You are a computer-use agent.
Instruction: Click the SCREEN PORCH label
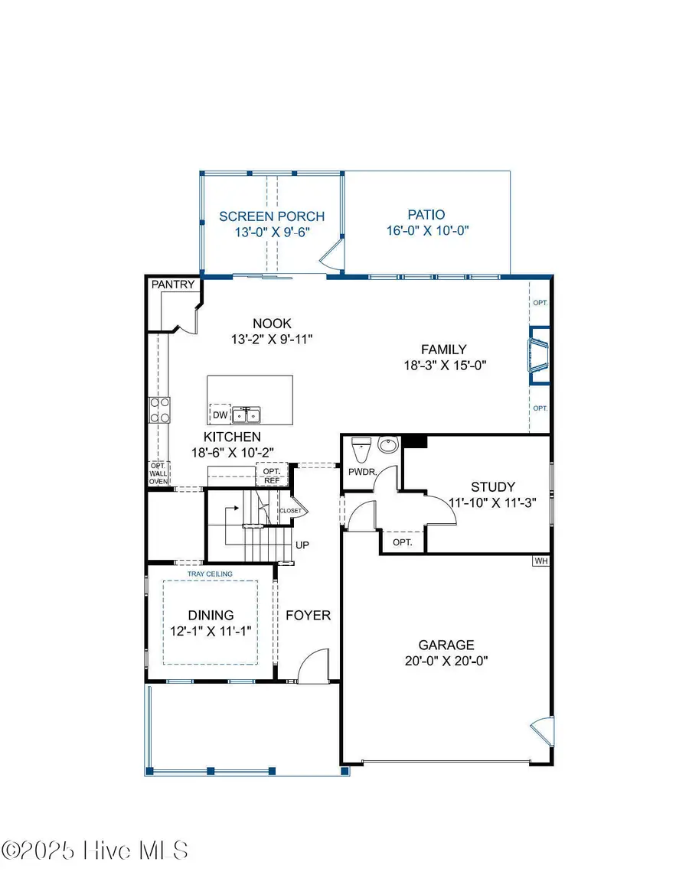click(x=272, y=216)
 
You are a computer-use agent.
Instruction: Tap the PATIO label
click(x=426, y=215)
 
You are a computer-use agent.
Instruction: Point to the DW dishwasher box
click(x=220, y=415)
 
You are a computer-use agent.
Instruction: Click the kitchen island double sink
click(x=246, y=415)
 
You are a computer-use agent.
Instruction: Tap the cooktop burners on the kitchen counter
click(x=159, y=410)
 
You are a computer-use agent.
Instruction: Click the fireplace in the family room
click(x=538, y=355)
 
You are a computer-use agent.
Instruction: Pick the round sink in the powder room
click(x=389, y=444)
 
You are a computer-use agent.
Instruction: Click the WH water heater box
click(x=541, y=561)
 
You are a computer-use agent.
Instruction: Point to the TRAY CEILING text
click(x=210, y=574)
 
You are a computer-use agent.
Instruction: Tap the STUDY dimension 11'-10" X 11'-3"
click(x=492, y=502)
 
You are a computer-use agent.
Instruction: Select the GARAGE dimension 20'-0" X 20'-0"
click(x=446, y=660)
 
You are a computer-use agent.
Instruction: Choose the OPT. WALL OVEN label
click(x=158, y=474)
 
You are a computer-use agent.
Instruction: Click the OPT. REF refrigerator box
click(x=271, y=476)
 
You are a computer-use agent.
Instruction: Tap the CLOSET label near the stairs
click(x=290, y=510)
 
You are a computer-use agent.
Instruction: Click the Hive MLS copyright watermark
click(x=95, y=850)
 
